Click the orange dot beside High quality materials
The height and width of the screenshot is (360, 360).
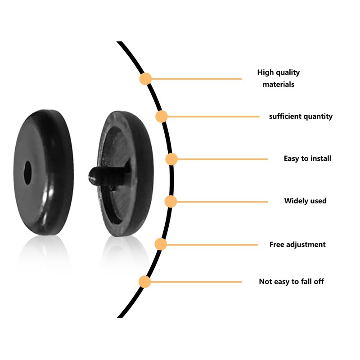145,79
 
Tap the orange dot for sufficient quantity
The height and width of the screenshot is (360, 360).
162,117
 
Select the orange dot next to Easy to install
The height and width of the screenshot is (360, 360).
171,159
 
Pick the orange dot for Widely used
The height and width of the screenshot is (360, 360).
170,201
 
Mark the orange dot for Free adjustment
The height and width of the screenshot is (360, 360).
161,244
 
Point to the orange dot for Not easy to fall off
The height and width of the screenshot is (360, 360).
144,282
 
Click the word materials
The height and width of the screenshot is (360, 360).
279,84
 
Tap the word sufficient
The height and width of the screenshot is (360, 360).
285,117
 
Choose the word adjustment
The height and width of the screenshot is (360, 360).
306,244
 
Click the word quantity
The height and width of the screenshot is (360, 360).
318,117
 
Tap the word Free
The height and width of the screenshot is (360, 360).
277,244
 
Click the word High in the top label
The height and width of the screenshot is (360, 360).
265,72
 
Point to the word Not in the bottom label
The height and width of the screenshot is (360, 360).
265,282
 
